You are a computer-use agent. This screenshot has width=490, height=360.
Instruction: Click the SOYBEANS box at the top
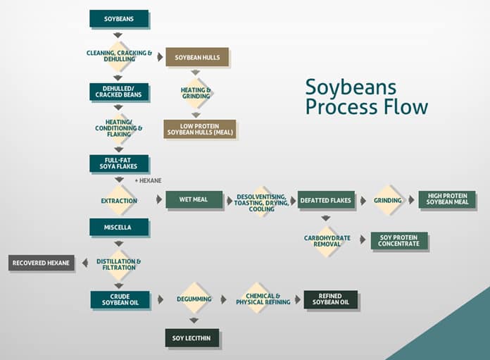118,18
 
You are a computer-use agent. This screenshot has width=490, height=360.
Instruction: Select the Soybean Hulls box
196,56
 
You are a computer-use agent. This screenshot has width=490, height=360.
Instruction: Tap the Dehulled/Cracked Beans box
118,92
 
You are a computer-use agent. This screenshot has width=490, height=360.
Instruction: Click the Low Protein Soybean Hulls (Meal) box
199,129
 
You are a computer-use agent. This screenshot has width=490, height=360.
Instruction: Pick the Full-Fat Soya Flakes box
118,163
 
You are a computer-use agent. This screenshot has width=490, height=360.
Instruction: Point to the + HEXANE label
148,181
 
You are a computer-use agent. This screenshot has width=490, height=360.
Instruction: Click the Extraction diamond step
118,200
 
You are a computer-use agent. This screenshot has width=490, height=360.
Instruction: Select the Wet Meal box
194,199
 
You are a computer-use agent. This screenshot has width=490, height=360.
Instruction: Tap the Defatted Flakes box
325,200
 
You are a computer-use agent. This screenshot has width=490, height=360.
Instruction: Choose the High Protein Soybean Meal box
447,199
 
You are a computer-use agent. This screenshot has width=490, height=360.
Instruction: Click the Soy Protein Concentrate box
398,241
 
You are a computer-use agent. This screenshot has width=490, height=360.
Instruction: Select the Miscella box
118,227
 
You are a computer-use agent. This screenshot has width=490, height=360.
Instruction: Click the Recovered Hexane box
41,263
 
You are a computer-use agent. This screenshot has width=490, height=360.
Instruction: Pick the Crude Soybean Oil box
120,299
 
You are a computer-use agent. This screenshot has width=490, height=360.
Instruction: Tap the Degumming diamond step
194,299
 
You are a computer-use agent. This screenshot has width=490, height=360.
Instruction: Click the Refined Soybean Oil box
330,299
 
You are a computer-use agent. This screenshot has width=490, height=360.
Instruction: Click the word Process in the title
337,107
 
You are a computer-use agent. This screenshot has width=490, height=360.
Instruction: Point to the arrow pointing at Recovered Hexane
84,263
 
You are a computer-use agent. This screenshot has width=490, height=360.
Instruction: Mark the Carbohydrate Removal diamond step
326,241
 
